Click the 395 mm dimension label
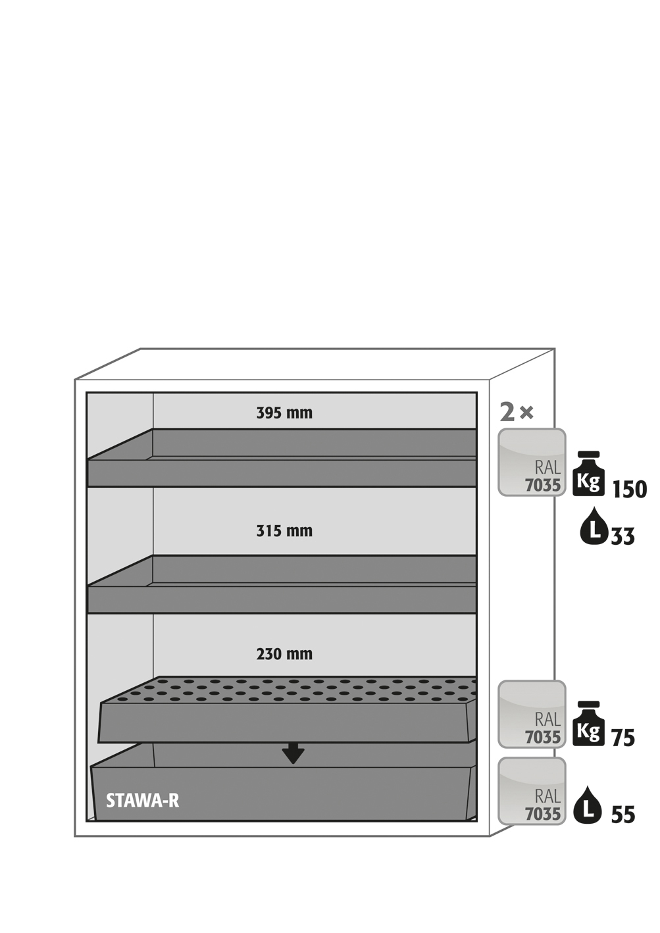pos(284,413)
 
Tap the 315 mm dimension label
pos(284,531)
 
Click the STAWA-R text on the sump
pos(143,801)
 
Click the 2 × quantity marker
pos(517,413)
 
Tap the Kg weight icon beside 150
pos(588,473)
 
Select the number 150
pos(630,490)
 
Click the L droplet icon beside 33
pos(594,526)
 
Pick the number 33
pos(623,536)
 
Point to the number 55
pos(623,815)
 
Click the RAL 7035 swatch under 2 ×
pos(532,462)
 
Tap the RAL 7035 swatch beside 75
pos(532,715)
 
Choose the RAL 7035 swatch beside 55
pos(532,791)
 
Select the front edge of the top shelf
pos(282,472)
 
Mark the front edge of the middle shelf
pos(282,599)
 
